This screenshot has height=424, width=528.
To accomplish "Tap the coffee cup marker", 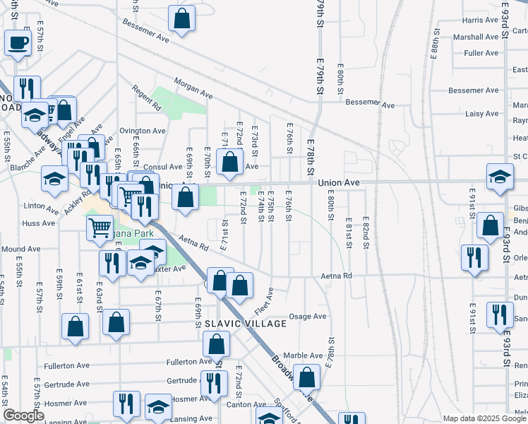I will click(x=18, y=43).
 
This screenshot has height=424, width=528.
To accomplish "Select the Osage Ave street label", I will click(x=311, y=317).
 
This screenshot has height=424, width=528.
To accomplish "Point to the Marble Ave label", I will click(x=303, y=355).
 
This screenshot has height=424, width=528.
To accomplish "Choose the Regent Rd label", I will click(x=147, y=98).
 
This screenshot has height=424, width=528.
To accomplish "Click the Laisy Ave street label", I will click(x=483, y=113).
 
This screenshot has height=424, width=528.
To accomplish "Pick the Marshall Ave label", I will click(x=476, y=37).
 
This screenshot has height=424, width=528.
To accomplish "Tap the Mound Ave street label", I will click(x=20, y=249).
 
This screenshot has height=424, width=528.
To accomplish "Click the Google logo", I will click(x=23, y=416).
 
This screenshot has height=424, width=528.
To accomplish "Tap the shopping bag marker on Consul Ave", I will click(x=229, y=162).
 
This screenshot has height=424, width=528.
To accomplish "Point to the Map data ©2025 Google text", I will click(x=485, y=418).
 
